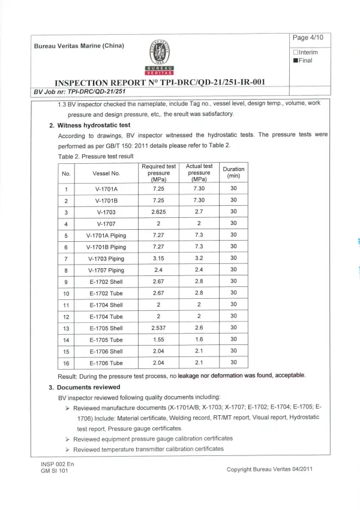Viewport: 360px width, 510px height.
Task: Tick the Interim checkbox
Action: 295,52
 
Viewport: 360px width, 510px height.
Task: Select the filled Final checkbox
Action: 295,61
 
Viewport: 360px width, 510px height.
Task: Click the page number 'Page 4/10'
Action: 308,37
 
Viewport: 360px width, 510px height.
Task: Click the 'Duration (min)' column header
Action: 233,173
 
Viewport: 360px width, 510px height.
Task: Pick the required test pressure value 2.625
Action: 158,212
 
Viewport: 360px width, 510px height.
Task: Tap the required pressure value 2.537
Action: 158,328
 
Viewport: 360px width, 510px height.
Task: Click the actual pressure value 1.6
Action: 199,340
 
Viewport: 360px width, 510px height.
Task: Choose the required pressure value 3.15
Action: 158,259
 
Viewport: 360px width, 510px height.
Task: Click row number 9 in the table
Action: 65,282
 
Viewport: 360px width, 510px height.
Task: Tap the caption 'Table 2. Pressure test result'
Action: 95,156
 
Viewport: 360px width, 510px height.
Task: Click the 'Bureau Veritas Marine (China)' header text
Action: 79,46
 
